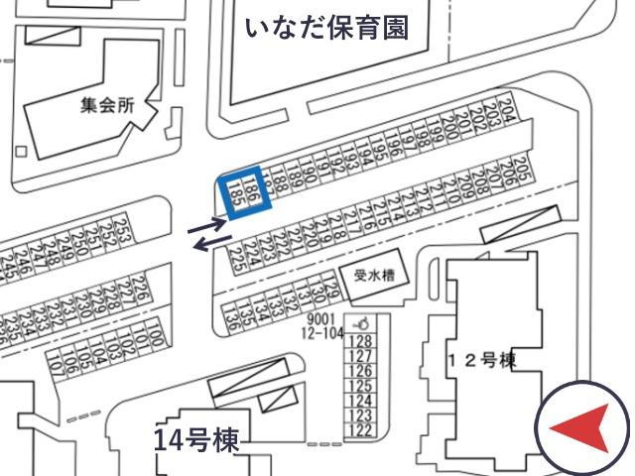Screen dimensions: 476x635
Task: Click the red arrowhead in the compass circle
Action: point(577,429)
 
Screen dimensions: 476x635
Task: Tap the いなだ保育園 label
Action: point(326,26)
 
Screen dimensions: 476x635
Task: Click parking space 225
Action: point(236,263)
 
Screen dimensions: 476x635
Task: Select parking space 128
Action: point(361,341)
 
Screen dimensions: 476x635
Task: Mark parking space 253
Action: point(125,235)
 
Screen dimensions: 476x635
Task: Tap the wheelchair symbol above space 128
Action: point(362,323)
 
